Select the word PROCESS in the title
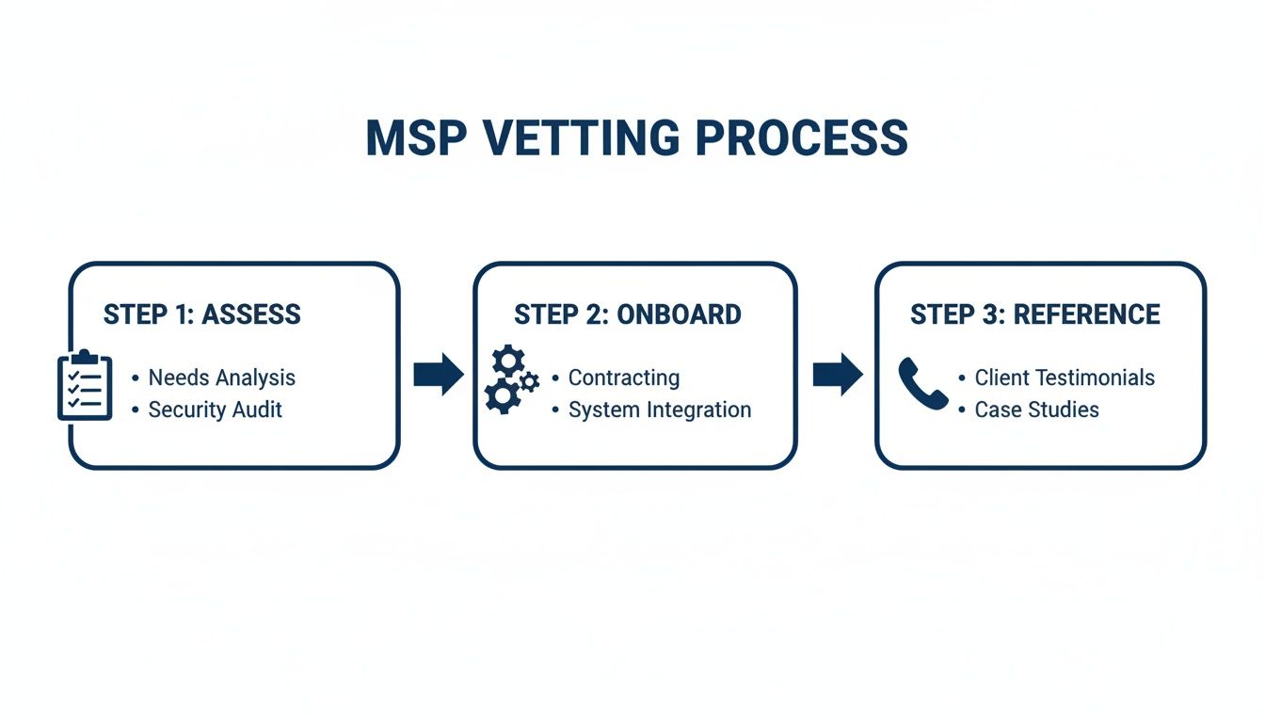[x=802, y=138]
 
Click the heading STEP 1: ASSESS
[x=201, y=314]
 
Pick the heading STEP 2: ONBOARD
[x=627, y=314]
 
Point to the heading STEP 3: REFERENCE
[x=1034, y=314]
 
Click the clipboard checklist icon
[x=85, y=386]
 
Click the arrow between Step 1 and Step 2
[x=439, y=375]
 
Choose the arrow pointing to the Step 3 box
[x=838, y=375]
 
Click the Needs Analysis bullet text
[x=222, y=378]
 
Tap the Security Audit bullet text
[x=216, y=410]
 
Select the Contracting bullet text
[x=624, y=378]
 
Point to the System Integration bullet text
[x=660, y=410]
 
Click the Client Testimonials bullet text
[x=1065, y=378]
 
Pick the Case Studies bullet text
[x=1036, y=410]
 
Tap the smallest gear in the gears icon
[x=529, y=381]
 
